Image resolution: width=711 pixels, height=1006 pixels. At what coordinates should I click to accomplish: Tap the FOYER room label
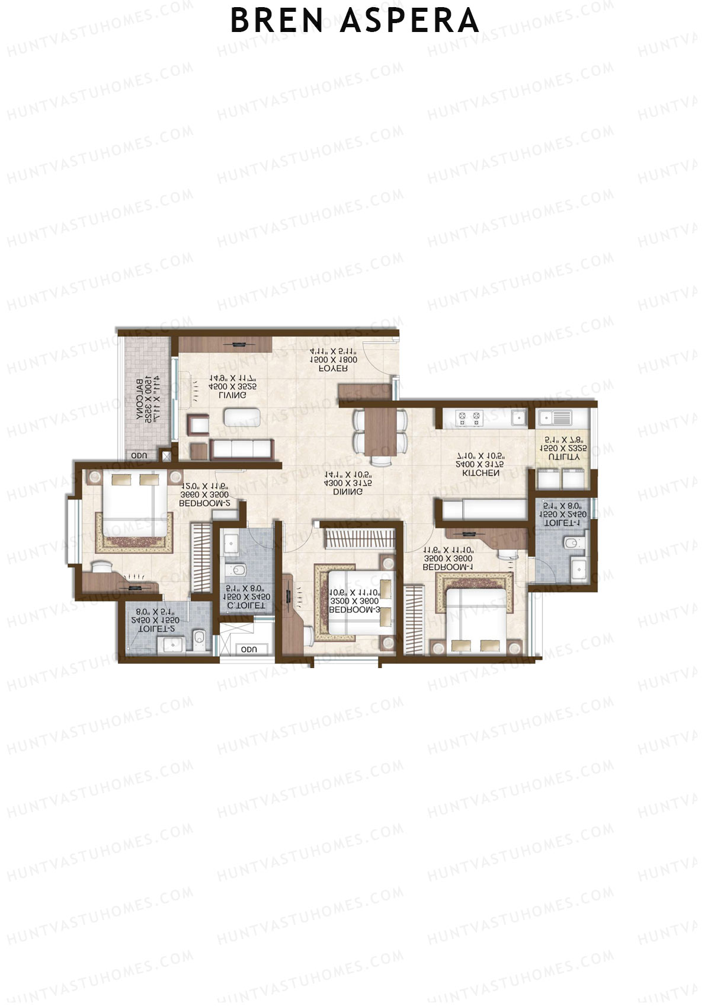334,368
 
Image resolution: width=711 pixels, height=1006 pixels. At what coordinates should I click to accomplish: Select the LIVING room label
233,395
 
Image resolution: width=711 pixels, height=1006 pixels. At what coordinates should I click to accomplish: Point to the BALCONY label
140,400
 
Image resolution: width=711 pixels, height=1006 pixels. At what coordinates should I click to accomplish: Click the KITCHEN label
481,473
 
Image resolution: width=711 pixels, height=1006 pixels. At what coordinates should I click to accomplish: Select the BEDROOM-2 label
204,503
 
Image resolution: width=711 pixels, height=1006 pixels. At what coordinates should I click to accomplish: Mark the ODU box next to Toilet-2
249,649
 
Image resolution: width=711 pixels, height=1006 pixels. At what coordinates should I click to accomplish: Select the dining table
380,429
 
